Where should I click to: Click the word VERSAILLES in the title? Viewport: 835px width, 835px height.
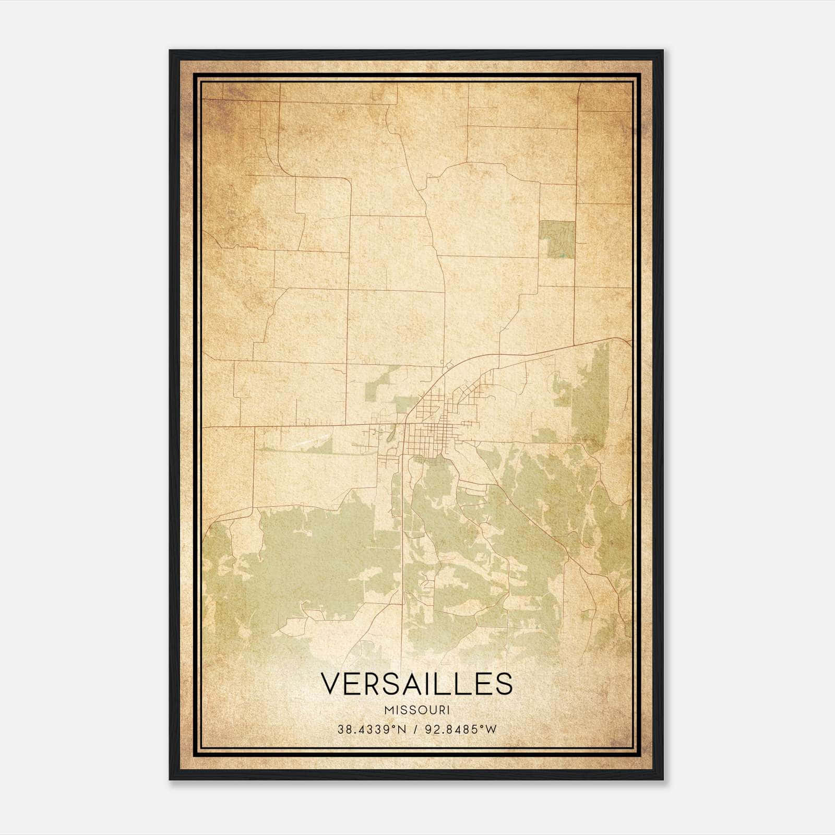416,684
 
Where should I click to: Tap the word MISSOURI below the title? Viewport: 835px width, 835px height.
416,710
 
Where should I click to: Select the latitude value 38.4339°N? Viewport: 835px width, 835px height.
372,730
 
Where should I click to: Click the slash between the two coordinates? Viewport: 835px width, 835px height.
415,730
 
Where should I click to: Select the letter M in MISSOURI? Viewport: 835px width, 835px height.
388,710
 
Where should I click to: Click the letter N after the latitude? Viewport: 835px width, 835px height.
402,730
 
